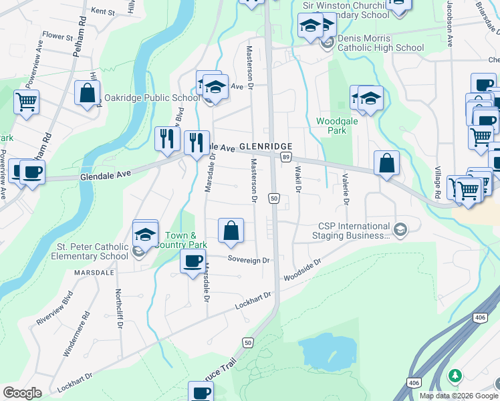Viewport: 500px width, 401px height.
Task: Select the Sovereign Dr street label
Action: click(248, 260)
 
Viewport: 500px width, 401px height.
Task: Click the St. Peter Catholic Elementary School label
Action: click(91, 251)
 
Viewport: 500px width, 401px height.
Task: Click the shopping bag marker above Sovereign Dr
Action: click(231, 231)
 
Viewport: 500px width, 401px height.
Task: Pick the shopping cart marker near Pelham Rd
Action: click(26, 102)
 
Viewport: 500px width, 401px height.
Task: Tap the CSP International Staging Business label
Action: click(354, 231)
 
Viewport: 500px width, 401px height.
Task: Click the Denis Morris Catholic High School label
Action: click(380, 43)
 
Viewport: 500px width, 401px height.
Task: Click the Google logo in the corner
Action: click(22, 393)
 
